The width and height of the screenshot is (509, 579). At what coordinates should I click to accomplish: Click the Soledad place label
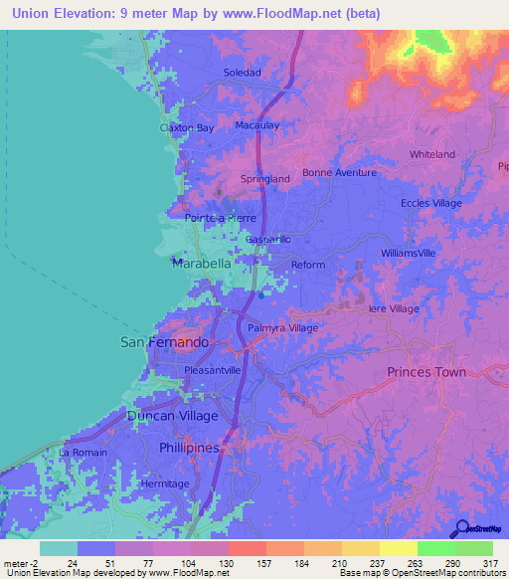tap(242, 73)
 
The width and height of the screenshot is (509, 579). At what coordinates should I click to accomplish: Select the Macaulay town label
tap(255, 125)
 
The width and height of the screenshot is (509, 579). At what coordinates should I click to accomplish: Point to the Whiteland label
tap(432, 154)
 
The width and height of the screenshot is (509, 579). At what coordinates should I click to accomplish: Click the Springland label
tap(265, 179)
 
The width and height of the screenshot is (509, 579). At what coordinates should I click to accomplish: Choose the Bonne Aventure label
tap(339, 172)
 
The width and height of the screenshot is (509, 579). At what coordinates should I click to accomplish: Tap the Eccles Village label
tap(431, 203)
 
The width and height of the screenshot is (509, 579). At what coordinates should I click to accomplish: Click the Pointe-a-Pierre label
tap(221, 218)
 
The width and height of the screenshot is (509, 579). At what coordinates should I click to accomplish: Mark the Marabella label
tap(202, 265)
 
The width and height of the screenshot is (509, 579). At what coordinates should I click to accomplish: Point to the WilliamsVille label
tap(409, 254)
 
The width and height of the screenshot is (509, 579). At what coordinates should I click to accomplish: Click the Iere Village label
tap(393, 309)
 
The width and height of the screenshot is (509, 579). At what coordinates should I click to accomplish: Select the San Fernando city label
tap(165, 342)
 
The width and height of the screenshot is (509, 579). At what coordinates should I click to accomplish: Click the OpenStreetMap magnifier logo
tap(460, 529)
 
